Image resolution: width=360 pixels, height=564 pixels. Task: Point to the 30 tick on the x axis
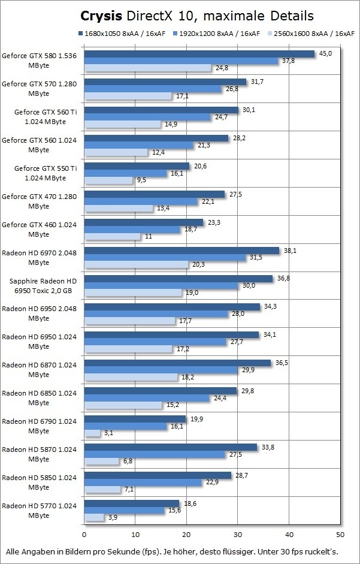238,534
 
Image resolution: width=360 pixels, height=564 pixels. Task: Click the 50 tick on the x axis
340,534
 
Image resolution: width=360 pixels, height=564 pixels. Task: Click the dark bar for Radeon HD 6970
181,251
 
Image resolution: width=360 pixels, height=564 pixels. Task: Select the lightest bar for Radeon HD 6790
92,433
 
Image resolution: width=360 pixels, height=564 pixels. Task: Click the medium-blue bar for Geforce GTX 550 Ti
125,173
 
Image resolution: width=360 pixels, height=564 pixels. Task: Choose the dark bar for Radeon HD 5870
171,447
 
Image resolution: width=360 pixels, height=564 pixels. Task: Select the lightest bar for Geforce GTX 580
147,68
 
